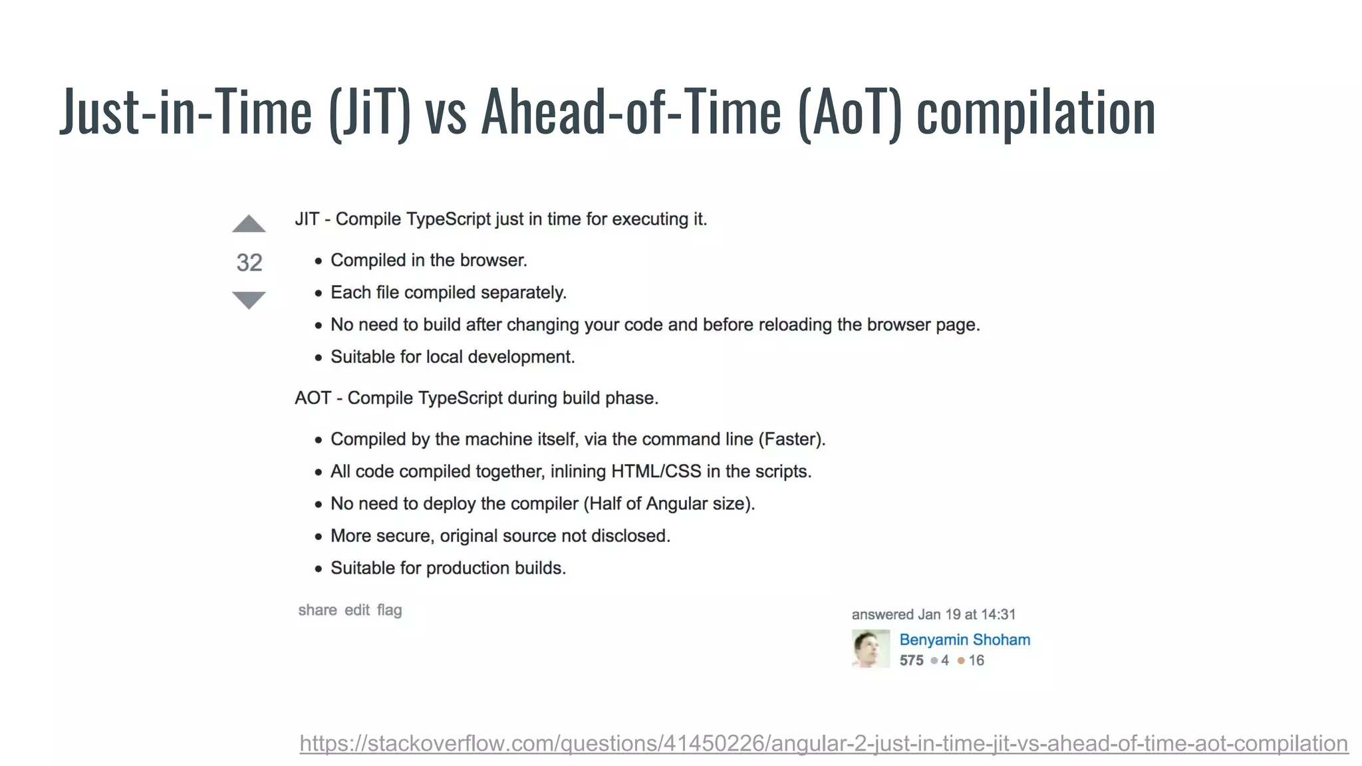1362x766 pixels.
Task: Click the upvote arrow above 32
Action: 249,224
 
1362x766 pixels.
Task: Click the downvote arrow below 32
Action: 249,300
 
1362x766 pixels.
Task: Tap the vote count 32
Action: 249,263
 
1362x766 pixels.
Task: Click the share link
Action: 317,610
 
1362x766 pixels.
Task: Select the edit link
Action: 357,610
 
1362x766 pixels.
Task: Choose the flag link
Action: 390,610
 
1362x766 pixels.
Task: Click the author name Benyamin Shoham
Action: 964,640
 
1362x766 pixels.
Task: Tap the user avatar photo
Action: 871,648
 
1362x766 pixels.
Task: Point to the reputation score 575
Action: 911,660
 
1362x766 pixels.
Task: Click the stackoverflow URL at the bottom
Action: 823,743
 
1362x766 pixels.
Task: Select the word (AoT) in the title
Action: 850,113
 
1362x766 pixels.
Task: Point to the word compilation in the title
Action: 1036,113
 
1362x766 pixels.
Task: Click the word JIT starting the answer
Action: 307,219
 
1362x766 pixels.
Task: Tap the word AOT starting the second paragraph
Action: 313,398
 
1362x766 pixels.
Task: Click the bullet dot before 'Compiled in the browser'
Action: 319,261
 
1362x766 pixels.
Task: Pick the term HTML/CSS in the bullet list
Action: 656,471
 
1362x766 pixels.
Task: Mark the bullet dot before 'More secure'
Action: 319,537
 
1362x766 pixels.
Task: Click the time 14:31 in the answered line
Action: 998,614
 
